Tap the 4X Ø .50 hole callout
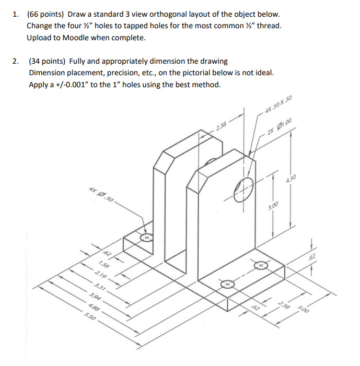(x=100, y=194)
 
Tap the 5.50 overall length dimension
(x=89, y=317)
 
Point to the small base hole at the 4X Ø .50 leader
(x=147, y=238)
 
